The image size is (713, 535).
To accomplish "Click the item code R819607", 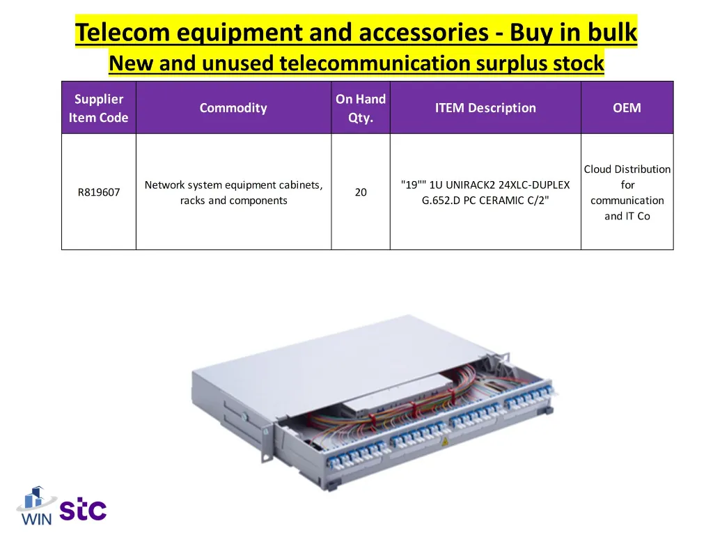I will tap(98, 192).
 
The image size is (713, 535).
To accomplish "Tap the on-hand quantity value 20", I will tap(361, 192).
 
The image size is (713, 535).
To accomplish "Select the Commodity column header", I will tap(233, 108).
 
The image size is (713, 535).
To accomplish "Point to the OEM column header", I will tap(627, 108).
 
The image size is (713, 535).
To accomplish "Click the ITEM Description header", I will tap(485, 108).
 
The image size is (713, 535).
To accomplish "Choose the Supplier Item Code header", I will tap(98, 108).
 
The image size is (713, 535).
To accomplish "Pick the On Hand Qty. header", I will tap(361, 108).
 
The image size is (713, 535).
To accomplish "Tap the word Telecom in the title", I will tap(123, 32).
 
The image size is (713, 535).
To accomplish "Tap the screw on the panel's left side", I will tap(245, 416).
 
